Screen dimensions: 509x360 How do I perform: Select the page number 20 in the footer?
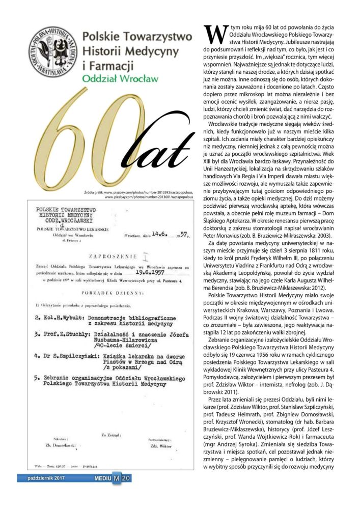(x=127, y=478)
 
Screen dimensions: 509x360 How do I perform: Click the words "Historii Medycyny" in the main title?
(x=130, y=51)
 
